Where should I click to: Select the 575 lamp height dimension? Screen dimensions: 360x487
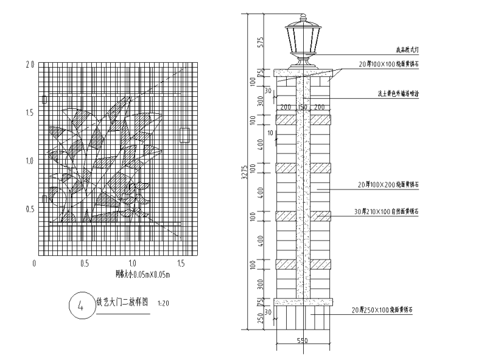pos(260,42)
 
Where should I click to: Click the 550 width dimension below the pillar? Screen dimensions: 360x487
pos(303,341)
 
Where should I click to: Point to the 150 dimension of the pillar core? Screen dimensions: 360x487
pos(303,107)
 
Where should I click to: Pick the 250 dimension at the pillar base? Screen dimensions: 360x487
pos(260,319)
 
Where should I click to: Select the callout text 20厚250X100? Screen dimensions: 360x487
pos(380,311)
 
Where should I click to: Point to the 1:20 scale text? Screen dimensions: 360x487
pos(163,302)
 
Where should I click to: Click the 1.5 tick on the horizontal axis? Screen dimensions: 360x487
pos(181,264)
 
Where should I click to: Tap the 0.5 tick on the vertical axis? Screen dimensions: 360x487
pos(29,209)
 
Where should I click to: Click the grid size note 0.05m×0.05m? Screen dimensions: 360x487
pos(143,275)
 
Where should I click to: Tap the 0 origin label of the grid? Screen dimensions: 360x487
pos(35,264)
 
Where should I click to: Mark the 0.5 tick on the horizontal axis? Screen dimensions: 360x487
pos(84,264)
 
